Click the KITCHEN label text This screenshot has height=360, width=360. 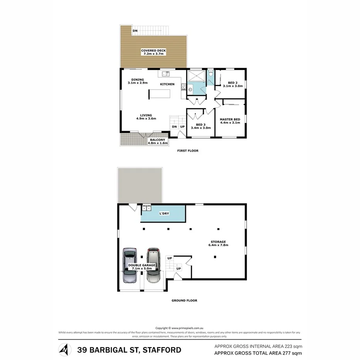click(x=167, y=84)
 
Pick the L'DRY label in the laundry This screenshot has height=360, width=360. click(x=165, y=213)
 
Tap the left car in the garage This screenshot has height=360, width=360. click(x=129, y=266)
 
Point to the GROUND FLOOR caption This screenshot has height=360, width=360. click(x=184, y=300)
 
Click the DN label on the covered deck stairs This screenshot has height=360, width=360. click(x=135, y=31)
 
